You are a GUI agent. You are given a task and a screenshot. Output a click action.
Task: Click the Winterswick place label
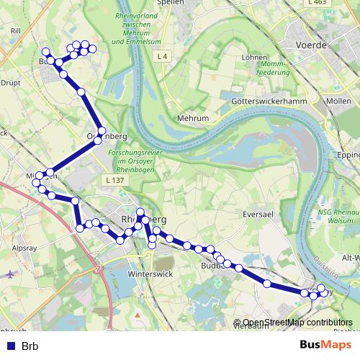[147, 274]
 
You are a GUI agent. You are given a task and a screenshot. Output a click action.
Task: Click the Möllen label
[338, 101]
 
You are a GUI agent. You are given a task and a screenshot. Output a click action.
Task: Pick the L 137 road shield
[114, 179]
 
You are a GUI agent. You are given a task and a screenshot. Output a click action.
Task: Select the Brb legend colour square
[9, 346]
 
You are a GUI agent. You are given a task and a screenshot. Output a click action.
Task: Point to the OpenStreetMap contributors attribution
[297, 323]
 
